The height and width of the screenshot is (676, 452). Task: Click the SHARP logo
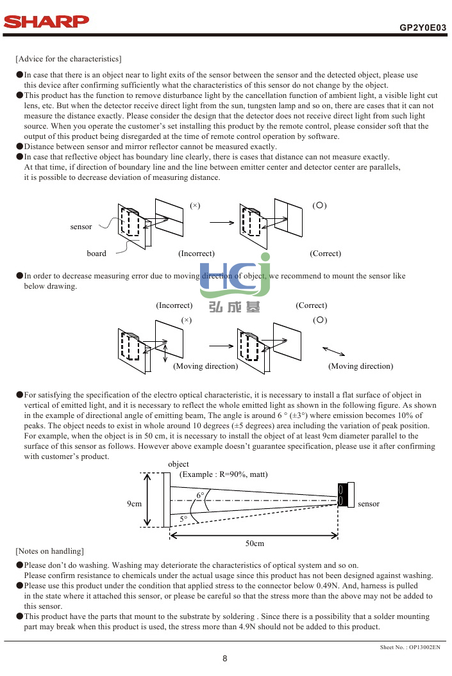(47, 22)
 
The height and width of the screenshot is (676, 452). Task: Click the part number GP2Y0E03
(423, 28)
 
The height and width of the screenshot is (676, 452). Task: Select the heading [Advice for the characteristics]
(68, 60)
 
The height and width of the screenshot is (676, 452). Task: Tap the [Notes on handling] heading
(50, 551)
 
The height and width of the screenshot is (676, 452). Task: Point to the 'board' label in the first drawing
(96, 253)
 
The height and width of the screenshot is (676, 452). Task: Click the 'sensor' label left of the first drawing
(81, 227)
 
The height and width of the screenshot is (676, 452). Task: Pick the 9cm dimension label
(134, 504)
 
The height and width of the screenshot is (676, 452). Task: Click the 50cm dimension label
(255, 543)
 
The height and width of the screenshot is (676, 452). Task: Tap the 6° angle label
(200, 495)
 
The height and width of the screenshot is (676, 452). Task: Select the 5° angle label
(183, 519)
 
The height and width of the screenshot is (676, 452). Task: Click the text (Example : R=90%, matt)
(223, 474)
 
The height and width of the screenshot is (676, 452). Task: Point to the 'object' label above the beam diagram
(178, 464)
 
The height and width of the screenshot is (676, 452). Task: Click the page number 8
(225, 658)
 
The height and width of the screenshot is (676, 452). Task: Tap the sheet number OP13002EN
(410, 648)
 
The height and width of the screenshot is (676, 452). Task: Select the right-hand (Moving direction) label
(360, 366)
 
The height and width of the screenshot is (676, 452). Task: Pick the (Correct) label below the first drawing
(325, 253)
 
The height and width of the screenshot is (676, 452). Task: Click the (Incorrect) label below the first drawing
(196, 253)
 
